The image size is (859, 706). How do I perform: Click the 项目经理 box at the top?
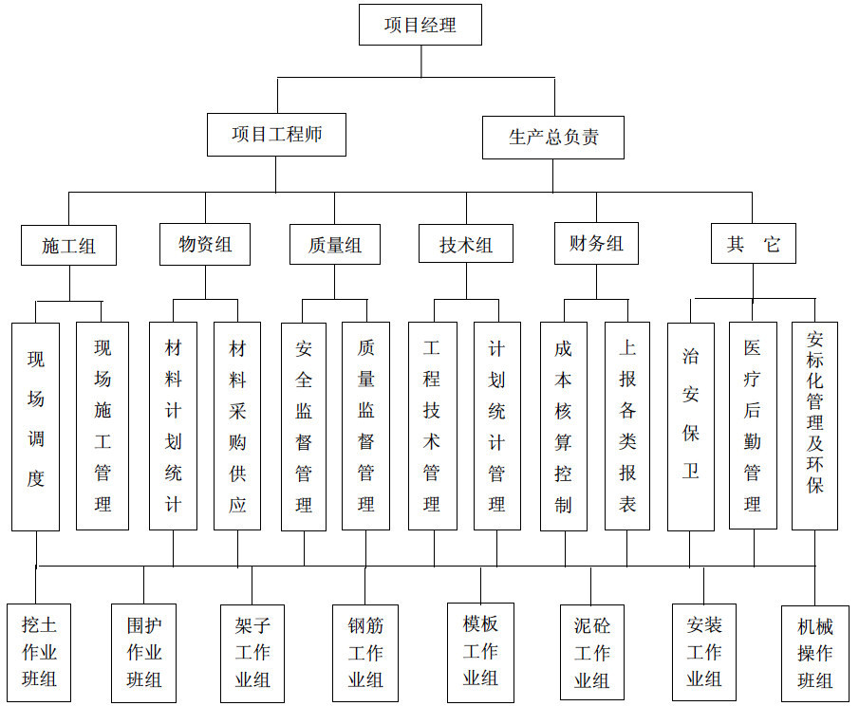coord(420,25)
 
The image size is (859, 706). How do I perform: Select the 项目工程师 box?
coord(276,135)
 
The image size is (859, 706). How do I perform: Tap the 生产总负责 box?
coord(553,138)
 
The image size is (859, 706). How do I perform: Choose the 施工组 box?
coord(69,246)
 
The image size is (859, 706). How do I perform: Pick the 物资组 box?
coord(205,244)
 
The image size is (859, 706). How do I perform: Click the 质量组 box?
coord(335,244)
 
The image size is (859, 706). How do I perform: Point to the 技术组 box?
coord(466,244)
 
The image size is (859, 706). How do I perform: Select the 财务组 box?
coord(597,243)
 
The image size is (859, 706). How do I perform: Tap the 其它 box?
coord(754,243)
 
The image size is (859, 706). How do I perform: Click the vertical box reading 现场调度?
coord(36,427)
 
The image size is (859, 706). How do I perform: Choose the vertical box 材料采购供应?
coord(237,426)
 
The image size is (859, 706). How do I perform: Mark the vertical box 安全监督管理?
coord(304,427)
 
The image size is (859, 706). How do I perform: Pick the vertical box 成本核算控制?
coord(564,426)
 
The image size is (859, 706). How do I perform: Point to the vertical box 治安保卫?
coord(691,427)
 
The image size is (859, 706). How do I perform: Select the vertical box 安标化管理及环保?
coord(814,426)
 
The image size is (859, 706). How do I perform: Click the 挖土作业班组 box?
coord(39,653)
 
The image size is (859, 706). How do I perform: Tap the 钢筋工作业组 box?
coord(365,654)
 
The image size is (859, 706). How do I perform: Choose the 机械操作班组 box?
coord(815,654)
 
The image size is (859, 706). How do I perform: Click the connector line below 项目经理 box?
coord(421,62)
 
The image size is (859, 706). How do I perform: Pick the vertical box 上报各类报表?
coord(627,426)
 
